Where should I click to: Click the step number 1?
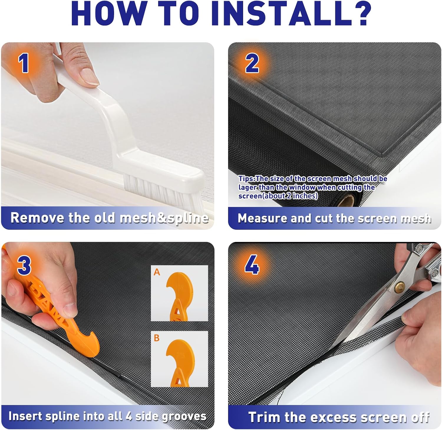[x=24, y=63]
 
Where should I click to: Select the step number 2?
[x=252, y=64]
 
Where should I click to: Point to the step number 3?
[x=24, y=265]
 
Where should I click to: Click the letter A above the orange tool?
[x=157, y=272]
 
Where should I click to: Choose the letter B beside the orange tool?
[x=157, y=338]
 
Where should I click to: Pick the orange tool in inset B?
[x=180, y=362]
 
